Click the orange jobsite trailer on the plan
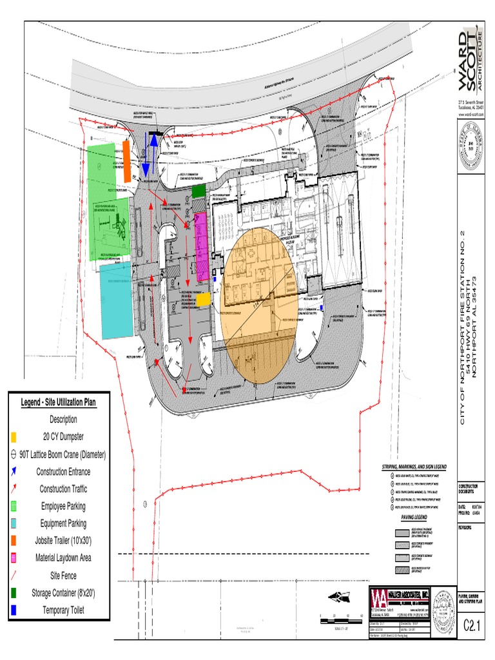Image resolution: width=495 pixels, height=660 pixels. click(x=127, y=160)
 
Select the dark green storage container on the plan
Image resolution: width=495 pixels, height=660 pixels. click(x=199, y=191)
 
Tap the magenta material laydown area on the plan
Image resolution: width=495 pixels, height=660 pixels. click(x=201, y=246)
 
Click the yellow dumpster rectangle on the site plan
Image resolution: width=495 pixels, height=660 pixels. click(x=203, y=299)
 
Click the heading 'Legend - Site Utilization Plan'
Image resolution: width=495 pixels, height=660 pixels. click(x=59, y=402)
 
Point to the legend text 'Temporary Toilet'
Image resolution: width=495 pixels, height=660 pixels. click(x=63, y=610)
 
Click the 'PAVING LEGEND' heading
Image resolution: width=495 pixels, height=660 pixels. click(x=415, y=516)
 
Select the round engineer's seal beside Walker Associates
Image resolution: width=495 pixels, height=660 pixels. click(x=442, y=605)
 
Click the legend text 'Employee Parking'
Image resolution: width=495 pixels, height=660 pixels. click(x=63, y=506)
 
